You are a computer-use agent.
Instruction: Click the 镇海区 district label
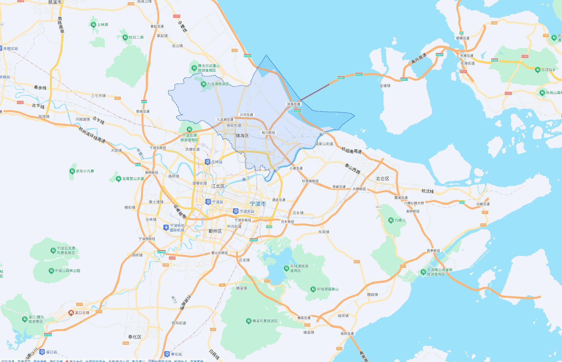point(242,136)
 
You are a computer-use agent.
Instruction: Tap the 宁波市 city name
point(258,204)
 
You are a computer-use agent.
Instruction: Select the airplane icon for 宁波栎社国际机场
point(166,227)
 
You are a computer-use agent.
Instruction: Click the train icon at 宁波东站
point(236,211)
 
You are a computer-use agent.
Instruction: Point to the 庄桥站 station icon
point(208,162)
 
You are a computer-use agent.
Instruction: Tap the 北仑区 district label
point(383,179)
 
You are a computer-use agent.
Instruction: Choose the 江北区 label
point(218,186)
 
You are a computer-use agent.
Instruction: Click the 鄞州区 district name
point(215,231)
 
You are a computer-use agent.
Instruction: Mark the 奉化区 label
point(135,337)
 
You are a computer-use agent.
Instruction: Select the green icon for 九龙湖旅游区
point(203,84)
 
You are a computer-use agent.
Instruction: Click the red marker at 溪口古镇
point(71,313)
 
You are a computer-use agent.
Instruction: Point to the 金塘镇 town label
point(385,86)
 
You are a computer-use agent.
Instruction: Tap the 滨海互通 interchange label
point(294,104)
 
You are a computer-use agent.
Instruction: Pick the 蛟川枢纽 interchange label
point(268,133)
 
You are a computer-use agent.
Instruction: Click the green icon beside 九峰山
point(391,220)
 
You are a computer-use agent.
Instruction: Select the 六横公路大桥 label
point(414,203)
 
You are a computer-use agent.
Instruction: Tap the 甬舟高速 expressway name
point(419,59)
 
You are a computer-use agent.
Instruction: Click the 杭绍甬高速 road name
point(351,150)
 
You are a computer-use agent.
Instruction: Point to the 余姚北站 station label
point(11,48)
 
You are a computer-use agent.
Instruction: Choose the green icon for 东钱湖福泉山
point(313,289)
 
